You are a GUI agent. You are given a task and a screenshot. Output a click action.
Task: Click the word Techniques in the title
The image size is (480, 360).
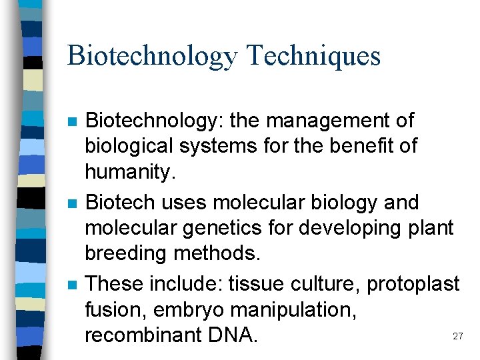tap(313, 55)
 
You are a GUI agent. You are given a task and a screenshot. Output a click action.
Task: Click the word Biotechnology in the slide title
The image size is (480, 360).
tap(152, 57)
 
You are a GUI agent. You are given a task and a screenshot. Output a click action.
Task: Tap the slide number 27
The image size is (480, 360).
tap(457, 337)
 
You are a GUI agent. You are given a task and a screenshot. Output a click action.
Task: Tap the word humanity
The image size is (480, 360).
tap(129, 172)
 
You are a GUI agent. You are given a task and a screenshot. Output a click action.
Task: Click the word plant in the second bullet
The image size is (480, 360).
tap(430, 228)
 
